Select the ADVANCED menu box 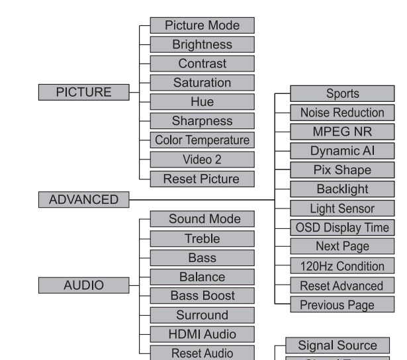coord(83,199)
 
